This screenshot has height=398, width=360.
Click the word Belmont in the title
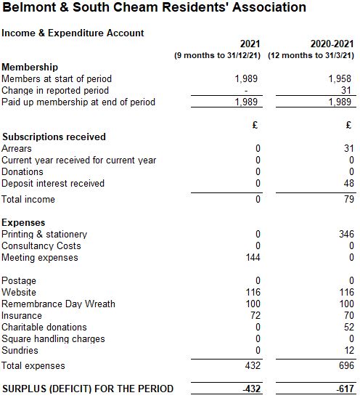pyautogui.click(x=29, y=7)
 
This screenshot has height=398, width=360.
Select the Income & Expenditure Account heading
pyautogui.click(x=73, y=33)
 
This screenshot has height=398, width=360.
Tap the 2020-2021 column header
pyautogui.click(x=332, y=44)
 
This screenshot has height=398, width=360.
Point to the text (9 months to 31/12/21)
pyautogui.click(x=217, y=55)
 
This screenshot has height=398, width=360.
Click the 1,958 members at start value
pyautogui.click(x=340, y=78)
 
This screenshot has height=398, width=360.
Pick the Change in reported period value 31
pyautogui.click(x=346, y=90)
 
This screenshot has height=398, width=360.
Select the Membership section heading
pyautogui.click(x=30, y=67)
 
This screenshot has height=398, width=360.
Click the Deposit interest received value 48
pyautogui.click(x=349, y=183)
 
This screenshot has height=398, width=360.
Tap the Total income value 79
pyautogui.click(x=349, y=199)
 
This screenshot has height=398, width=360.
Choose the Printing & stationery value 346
pyautogui.click(x=346, y=234)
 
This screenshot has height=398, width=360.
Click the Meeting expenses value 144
pyautogui.click(x=253, y=257)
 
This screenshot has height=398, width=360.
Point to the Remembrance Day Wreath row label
pyautogui.click(x=58, y=304)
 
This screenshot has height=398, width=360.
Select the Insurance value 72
pyautogui.click(x=255, y=315)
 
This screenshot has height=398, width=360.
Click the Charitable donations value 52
pyautogui.click(x=349, y=327)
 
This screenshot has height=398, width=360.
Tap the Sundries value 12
pyautogui.click(x=349, y=350)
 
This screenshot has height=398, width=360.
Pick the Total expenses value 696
pyautogui.click(x=346, y=365)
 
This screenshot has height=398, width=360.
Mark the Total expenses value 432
pyautogui.click(x=253, y=365)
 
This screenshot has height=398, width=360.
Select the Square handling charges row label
pyautogui.click(x=53, y=339)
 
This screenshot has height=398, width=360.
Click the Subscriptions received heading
pyautogui.click(x=54, y=137)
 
